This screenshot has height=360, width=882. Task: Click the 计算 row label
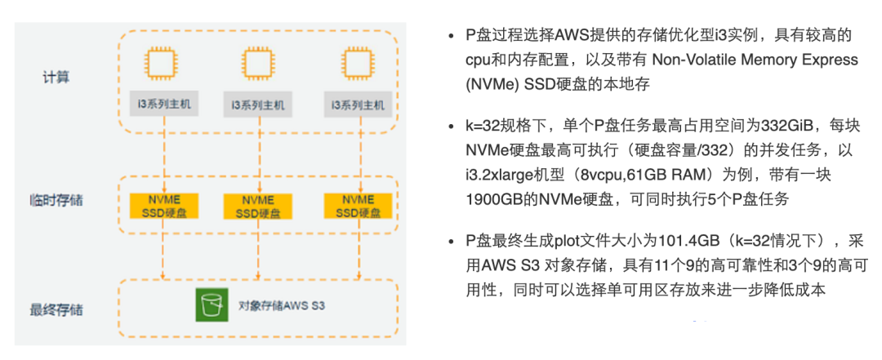(56, 78)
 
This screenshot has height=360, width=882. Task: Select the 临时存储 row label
(56, 201)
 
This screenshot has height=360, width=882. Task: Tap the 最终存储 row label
(56, 310)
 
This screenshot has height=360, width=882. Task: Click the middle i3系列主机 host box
(258, 104)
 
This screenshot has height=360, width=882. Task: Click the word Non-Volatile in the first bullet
(678, 60)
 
